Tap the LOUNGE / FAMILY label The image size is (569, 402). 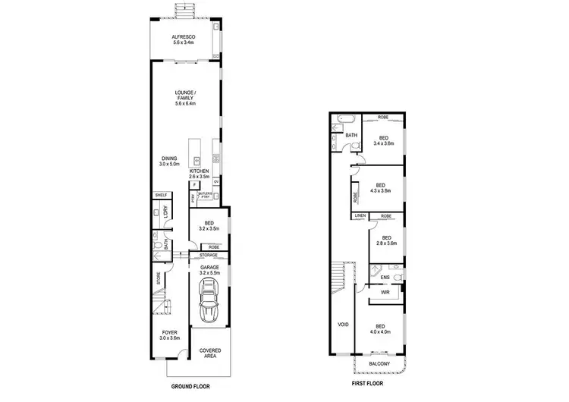pyautogui.click(x=184, y=98)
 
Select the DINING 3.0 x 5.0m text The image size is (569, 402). pyautogui.click(x=168, y=161)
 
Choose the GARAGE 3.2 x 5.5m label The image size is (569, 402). pyautogui.click(x=209, y=270)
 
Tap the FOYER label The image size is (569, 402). pyautogui.click(x=169, y=334)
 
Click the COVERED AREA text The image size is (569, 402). pyautogui.click(x=210, y=353)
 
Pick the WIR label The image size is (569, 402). pyautogui.click(x=385, y=291)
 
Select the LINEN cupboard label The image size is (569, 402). pyautogui.click(x=360, y=216)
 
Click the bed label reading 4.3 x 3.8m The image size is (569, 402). pyautogui.click(x=380, y=187)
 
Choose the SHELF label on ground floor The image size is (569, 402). pyautogui.click(x=160, y=195)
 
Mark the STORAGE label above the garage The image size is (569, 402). pyautogui.click(x=209, y=256)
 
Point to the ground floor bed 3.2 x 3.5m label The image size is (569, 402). pyautogui.click(x=208, y=225)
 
